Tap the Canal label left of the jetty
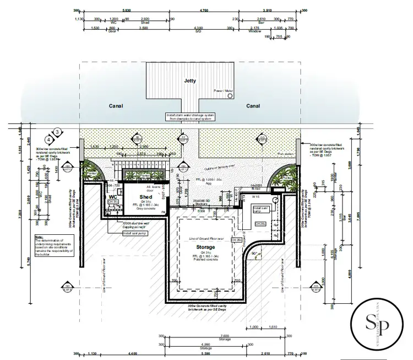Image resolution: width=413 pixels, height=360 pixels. coord(116,106)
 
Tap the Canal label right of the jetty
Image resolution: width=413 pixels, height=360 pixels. coord(253,106)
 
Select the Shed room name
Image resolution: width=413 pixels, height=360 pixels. coord(145,197)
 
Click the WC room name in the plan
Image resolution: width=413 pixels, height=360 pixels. coord(113,196)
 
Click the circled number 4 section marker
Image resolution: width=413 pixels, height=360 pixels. coord(49,140)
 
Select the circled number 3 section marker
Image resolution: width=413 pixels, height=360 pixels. coord(57,132)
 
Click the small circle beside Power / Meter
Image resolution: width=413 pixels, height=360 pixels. coord(228,95)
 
